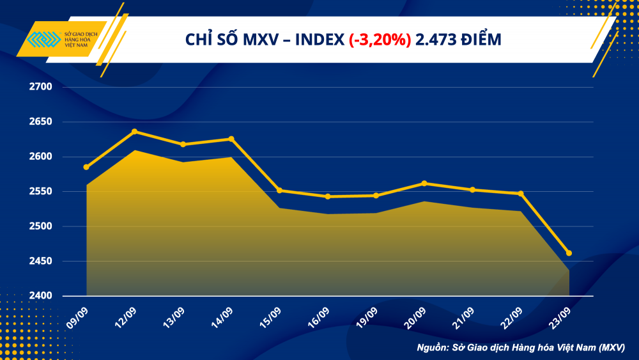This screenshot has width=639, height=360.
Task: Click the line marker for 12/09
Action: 134,132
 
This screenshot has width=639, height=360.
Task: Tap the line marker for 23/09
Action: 569,253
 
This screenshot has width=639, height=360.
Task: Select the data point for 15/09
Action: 279,191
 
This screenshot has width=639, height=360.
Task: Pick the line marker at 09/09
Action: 86,167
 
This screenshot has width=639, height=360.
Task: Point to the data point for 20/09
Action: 424,184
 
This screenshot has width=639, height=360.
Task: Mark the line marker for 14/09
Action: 231,139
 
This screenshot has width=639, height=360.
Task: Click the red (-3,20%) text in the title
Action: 380,40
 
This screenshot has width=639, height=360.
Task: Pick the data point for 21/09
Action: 472,190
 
